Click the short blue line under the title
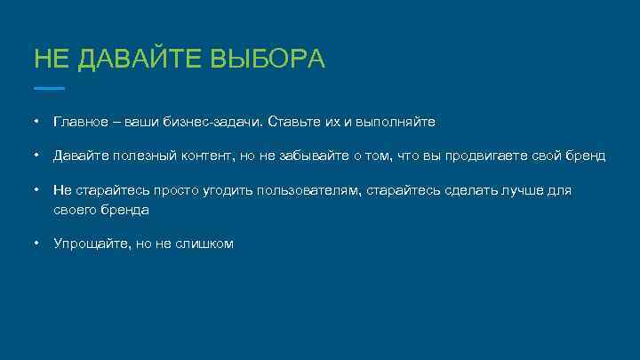[x=49, y=88]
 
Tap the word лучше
[x=519, y=190]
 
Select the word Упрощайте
[x=89, y=244]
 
